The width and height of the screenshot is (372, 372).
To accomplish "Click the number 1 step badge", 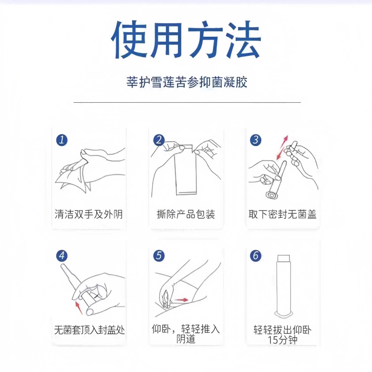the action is click(62, 140).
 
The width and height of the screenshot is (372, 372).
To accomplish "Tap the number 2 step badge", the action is click(159, 140).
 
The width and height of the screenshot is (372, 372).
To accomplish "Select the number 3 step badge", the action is click(256, 140).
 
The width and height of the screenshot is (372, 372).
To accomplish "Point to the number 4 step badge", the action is click(62, 256).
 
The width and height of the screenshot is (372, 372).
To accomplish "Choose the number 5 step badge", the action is click(159, 256).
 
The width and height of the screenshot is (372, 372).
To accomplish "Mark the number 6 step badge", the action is click(256, 256).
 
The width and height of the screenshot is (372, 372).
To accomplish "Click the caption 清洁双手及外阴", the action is click(88, 214).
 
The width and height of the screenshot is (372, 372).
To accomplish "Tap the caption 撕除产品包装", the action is click(186, 214).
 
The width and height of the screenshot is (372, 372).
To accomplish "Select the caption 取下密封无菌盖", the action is click(283, 214).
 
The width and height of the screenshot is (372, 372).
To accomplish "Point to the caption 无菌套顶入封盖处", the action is click(89, 330).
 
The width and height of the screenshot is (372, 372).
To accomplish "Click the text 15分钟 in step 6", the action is click(282, 340).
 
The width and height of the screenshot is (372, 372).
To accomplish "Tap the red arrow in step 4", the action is click(79, 308).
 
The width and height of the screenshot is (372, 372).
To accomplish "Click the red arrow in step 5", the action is click(182, 300).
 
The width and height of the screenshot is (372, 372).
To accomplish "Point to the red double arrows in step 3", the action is click(282, 147).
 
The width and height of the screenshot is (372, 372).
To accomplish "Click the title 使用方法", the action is click(186, 40).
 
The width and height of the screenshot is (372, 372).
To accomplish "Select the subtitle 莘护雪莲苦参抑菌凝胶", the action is click(187, 82).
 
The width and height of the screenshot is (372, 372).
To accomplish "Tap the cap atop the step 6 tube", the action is click(284, 258).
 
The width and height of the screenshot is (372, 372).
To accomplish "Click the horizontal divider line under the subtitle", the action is click(187, 102).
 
